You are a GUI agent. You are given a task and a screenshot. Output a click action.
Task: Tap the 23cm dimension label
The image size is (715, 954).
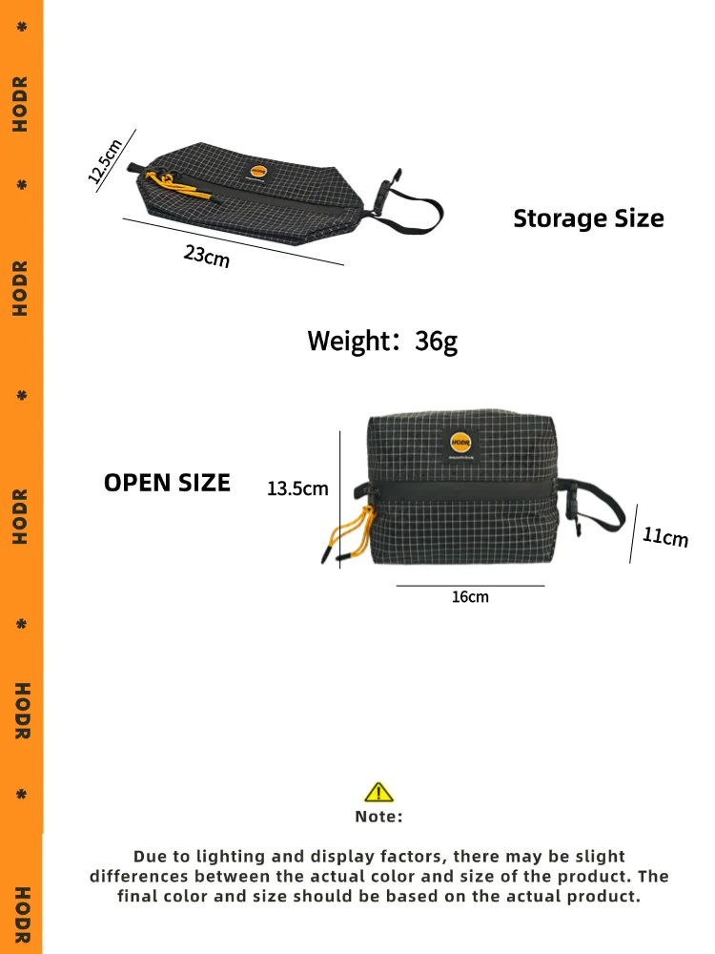tap(207, 256)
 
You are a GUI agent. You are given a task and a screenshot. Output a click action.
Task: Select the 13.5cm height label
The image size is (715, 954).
tap(297, 488)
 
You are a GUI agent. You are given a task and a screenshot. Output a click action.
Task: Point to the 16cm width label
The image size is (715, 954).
tap(470, 597)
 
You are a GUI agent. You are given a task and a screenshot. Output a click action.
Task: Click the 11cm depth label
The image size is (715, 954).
tap(664, 537)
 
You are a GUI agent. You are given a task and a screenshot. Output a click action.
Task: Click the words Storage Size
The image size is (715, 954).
tap(588, 218)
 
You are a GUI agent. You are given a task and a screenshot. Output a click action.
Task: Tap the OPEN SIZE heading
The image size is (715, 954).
tap(167, 483)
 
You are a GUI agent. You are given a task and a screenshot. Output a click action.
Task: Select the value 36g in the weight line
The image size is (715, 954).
tap(437, 341)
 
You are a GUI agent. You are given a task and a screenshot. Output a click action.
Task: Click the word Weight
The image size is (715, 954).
tap(347, 341)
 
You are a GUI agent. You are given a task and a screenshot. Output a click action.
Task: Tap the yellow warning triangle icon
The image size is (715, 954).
tap(378, 792)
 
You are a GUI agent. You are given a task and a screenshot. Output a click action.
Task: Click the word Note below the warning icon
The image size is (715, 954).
tap(378, 817)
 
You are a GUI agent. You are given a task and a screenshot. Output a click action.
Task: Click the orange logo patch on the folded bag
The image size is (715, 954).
tap(255, 171)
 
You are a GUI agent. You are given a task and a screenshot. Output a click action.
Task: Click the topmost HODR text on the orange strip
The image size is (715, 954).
tap(20, 104)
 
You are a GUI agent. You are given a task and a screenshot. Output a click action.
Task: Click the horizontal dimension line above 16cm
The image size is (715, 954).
tap(470, 586)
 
